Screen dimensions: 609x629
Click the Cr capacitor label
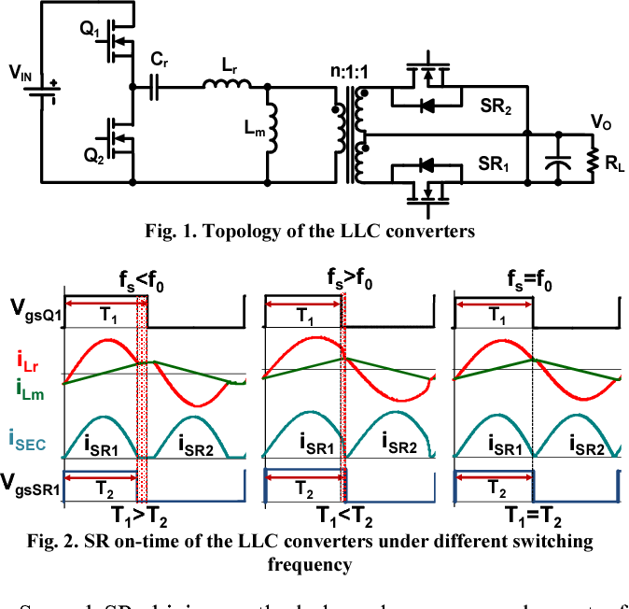pos(159,60)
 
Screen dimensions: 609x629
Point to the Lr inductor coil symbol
pos(228,86)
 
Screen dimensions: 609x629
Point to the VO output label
pos(602,121)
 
